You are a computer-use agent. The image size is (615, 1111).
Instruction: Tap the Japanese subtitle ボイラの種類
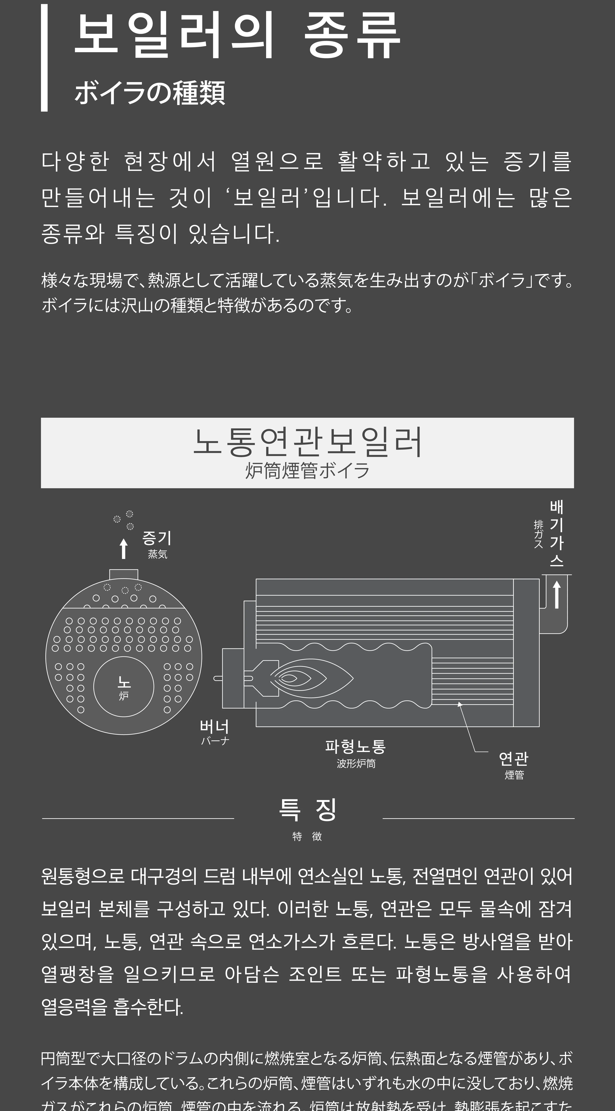click(x=150, y=93)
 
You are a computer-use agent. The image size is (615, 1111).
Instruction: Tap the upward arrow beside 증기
click(x=124, y=549)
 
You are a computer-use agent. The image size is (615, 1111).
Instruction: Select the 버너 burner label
click(x=214, y=727)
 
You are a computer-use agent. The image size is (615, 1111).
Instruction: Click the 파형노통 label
click(x=355, y=746)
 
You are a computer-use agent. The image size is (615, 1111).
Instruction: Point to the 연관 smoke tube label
click(x=513, y=758)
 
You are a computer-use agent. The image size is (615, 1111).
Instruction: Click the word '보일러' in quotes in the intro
click(x=266, y=197)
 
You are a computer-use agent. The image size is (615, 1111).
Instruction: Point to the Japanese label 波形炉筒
click(x=356, y=763)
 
